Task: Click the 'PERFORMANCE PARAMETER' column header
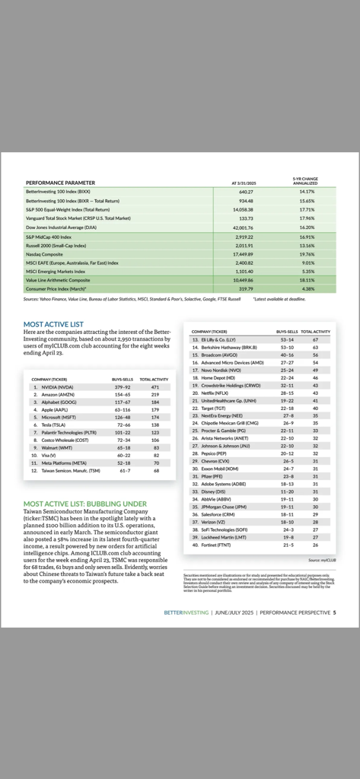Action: [60, 183]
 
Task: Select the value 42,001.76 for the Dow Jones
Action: [242, 227]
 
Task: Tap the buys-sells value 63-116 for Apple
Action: [123, 409]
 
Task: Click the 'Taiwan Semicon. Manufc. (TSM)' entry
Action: [69, 470]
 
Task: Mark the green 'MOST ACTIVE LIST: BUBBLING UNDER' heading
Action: [84, 504]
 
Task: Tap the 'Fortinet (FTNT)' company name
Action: [214, 545]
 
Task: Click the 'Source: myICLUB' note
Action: [322, 559]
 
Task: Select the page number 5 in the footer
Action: [334, 612]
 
